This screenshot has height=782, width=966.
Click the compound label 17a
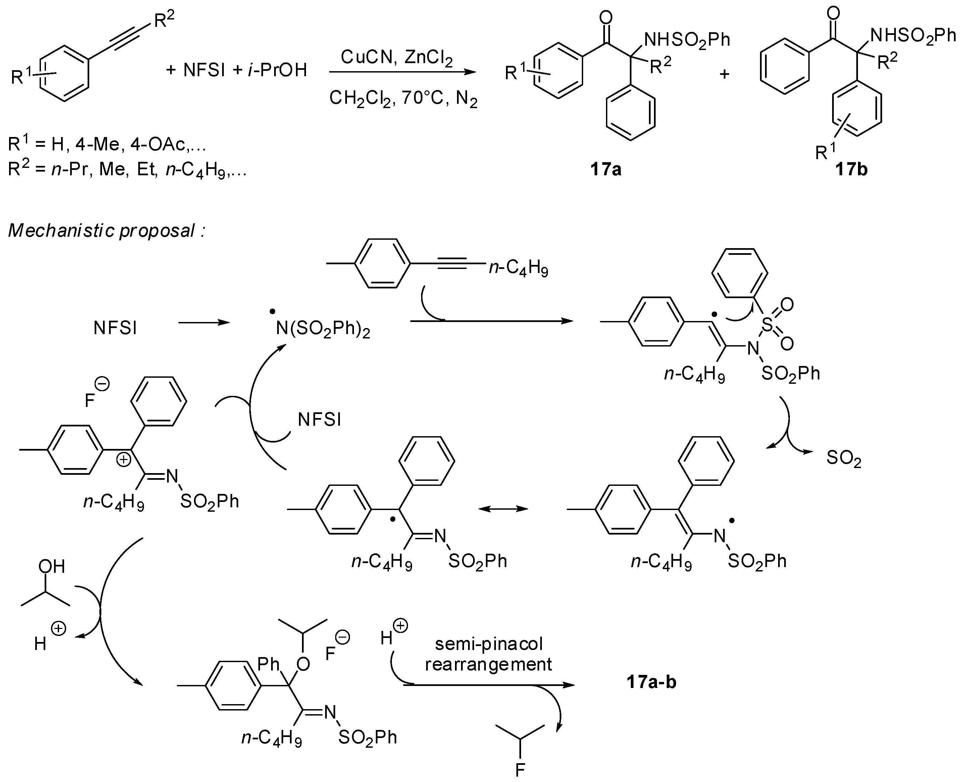pos(606,169)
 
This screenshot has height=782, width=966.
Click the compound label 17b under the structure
pos(851,169)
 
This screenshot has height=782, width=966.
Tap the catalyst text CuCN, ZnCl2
pos(397,57)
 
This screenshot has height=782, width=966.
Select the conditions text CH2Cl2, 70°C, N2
pos(403,98)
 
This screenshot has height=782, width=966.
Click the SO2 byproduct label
pos(844,459)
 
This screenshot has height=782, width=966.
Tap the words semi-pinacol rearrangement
pos(489,654)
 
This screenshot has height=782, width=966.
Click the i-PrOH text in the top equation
pos(277,70)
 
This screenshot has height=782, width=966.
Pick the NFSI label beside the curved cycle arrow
pos(319,420)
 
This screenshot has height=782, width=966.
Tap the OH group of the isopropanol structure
pos(52,566)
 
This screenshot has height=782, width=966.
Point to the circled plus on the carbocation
pos(124,459)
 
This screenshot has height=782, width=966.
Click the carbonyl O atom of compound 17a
pos(606,18)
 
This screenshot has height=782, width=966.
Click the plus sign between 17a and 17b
pos(724,74)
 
